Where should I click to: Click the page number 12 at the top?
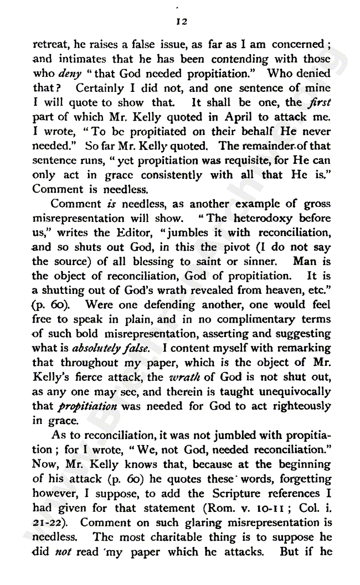click(x=181, y=21)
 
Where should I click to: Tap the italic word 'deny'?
click(x=68, y=74)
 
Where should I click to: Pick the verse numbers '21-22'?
click(x=45, y=522)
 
